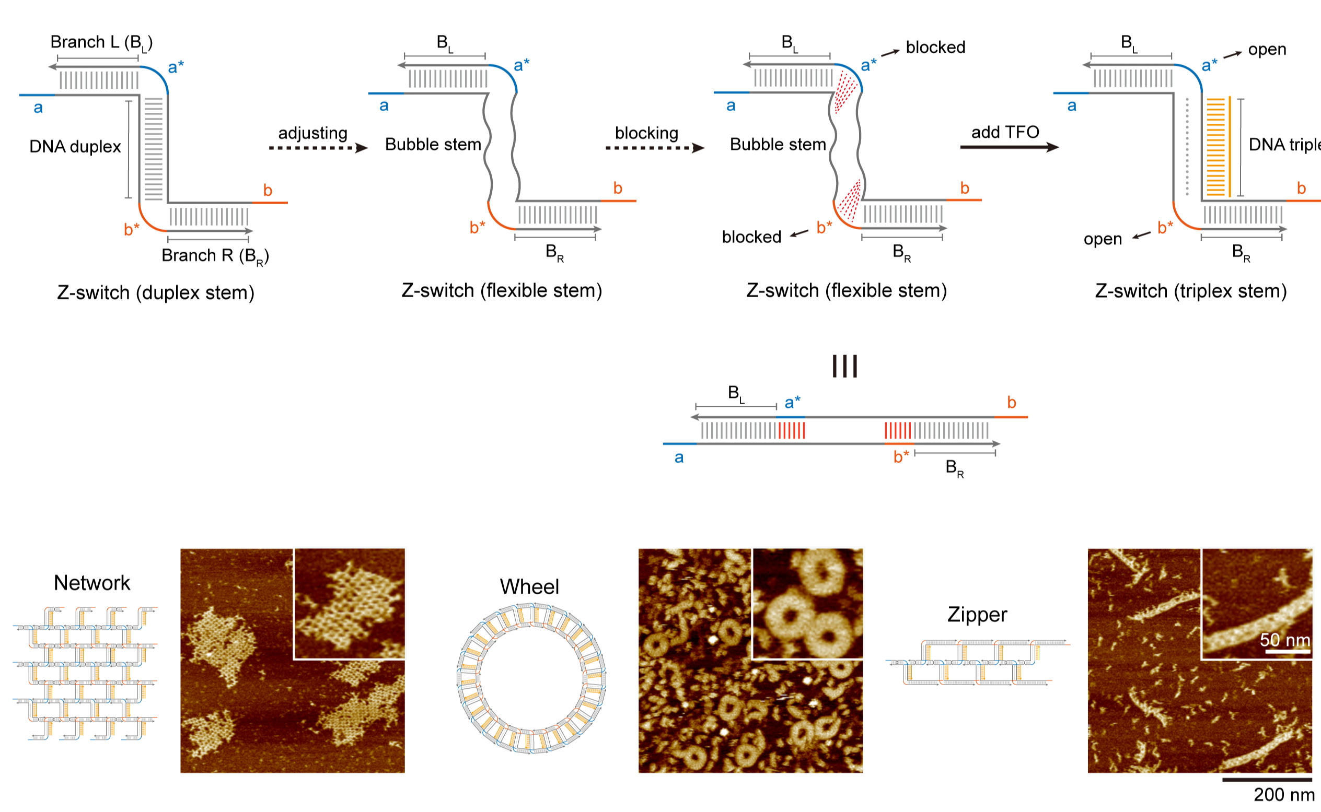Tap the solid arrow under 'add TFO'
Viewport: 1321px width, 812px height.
(1009, 147)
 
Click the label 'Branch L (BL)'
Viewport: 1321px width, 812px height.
(101, 42)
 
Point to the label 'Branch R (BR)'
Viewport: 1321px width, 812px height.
(215, 256)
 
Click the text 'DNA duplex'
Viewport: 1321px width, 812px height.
(75, 147)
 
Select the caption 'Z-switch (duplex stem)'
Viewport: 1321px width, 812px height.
(156, 292)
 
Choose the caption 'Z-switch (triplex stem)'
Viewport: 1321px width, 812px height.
(1191, 291)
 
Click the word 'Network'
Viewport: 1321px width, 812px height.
(92, 583)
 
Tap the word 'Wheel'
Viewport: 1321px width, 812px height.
(529, 587)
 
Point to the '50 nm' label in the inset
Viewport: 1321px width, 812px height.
(1284, 640)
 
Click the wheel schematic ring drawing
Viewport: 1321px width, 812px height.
(531, 678)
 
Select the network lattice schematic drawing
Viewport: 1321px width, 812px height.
(86, 674)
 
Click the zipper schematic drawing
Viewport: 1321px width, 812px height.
(977, 662)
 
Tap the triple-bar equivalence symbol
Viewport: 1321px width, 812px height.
(844, 366)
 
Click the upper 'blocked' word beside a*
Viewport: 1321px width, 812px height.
(935, 48)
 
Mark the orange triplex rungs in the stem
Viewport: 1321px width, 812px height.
(1215, 147)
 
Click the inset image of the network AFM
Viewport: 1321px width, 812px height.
(350, 604)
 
